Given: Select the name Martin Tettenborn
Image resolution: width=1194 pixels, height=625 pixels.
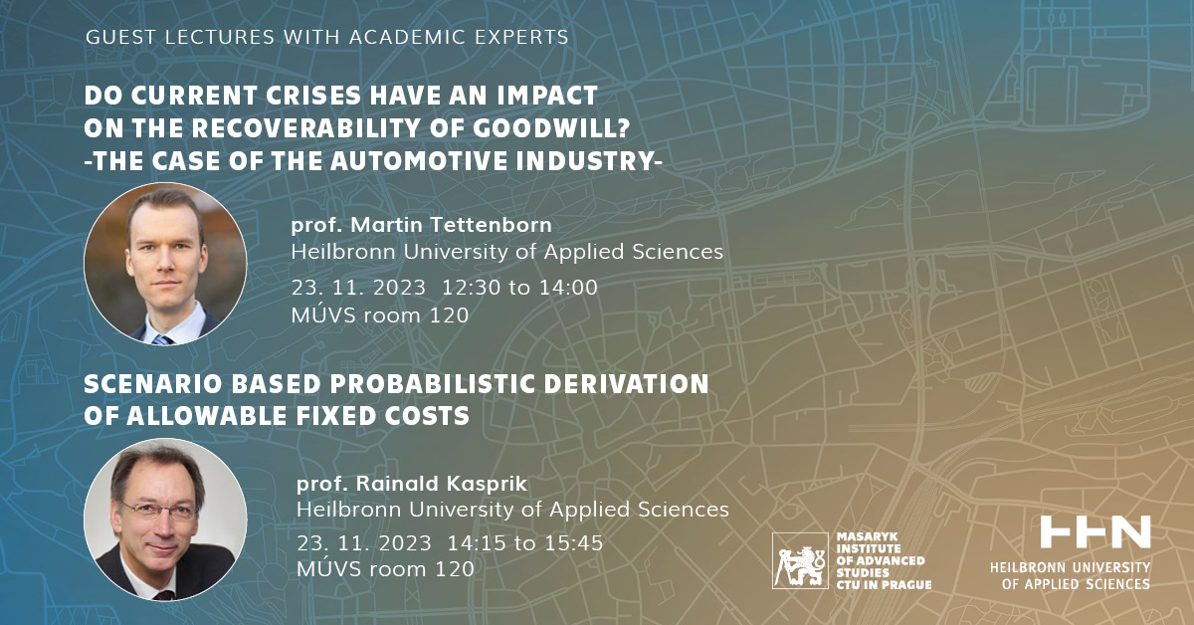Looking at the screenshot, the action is click(451, 225).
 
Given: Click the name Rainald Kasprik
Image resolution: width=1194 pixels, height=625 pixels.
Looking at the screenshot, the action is click(442, 483).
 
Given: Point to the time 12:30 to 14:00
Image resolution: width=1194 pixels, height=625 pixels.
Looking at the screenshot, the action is click(519, 288).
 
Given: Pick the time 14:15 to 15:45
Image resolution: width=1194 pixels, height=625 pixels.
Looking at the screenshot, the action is click(525, 542).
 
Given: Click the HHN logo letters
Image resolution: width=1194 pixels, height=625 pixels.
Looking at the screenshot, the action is click(1095, 531).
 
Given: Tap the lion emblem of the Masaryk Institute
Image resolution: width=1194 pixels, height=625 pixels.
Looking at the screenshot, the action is click(800, 560).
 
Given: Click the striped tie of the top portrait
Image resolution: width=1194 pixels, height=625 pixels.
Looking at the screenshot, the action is click(162, 339).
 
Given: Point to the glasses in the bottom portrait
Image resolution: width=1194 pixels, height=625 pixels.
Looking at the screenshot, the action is click(159, 511).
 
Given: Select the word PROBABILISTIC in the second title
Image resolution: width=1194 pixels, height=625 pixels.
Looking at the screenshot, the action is click(432, 384).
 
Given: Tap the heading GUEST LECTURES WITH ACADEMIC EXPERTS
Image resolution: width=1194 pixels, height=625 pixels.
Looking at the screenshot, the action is click(327, 38).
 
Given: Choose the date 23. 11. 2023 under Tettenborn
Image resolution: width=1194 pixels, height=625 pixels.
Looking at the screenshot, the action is click(358, 288).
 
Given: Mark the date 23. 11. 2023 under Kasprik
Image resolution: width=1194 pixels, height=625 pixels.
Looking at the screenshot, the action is click(363, 542).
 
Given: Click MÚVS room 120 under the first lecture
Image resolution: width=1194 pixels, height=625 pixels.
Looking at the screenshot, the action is click(379, 314).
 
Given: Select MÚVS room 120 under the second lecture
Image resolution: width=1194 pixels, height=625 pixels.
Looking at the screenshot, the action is click(385, 568).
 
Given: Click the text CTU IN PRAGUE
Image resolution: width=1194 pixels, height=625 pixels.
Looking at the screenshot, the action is click(884, 584).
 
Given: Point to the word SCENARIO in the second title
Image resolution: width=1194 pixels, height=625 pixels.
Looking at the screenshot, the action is click(152, 384).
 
